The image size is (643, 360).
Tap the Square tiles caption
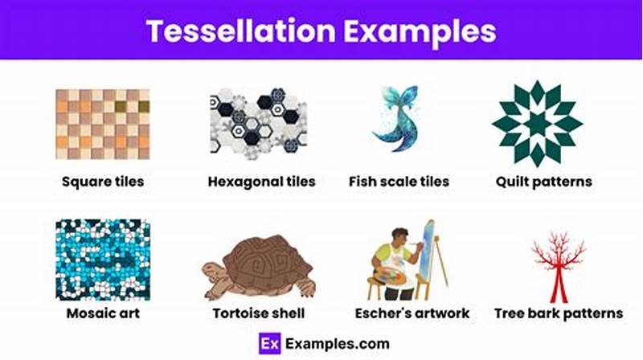tap(103, 182)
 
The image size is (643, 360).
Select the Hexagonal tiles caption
tap(261, 182)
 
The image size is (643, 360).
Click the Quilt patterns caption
tap(543, 182)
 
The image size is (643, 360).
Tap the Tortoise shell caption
tap(259, 313)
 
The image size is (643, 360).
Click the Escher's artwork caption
tap(412, 313)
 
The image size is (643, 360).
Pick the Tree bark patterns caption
tap(559, 313)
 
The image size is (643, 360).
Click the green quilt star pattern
tap(537, 123)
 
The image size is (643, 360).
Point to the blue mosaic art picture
tap(103, 259)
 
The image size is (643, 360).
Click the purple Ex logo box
tap(269, 343)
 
